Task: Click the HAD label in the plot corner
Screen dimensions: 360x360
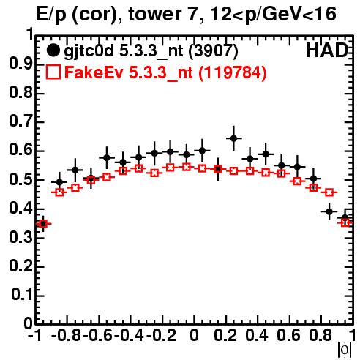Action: [327, 50]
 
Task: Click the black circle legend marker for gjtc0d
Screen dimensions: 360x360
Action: [53, 50]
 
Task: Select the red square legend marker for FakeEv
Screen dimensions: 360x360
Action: [53, 72]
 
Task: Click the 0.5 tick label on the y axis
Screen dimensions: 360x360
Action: [20, 179]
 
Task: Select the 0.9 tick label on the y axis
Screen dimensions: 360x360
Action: [20, 64]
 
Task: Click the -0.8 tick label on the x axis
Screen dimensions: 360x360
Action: [67, 335]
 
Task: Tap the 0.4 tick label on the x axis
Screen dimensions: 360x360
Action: [257, 335]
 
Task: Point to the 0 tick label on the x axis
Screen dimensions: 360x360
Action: [194, 335]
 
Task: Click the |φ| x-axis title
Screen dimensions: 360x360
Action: [345, 350]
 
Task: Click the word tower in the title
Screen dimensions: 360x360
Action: [155, 14]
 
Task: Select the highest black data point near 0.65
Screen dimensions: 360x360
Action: [233, 138]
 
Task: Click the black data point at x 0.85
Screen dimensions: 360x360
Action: [329, 211]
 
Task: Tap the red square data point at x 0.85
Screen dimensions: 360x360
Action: [329, 192]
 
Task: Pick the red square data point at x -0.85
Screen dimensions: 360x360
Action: [59, 192]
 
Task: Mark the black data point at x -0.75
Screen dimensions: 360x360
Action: [75, 170]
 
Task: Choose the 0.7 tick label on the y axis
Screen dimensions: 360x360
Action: [20, 121]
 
